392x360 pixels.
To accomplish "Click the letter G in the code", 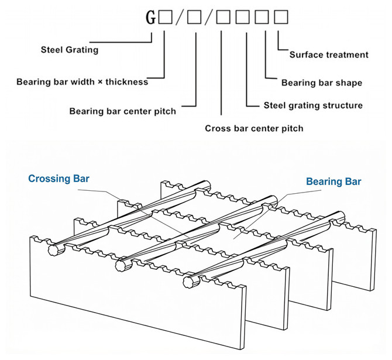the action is pos(151,17).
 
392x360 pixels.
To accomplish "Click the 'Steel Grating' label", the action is pos(70,50).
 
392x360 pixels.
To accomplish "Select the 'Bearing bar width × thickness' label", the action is pos(82,82).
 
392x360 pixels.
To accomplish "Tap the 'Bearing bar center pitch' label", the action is pos(122,111).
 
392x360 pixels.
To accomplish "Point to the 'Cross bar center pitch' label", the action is pos(254,128).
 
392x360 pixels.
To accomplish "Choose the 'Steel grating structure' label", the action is pos(313,105).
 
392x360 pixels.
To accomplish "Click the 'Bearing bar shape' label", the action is pos(322,83).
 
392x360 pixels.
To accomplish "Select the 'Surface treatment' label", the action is pos(329,55).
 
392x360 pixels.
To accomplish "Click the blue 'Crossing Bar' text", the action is pos(59,179).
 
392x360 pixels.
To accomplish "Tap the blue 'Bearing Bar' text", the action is pos(333,181).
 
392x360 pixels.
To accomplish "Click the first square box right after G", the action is pos(165,17).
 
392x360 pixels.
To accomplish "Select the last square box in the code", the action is pos(281,17).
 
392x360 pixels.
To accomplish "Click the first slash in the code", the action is pos(180,18).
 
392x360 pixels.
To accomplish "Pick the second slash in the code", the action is pos(209,18).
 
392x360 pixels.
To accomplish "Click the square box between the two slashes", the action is pos(194,17).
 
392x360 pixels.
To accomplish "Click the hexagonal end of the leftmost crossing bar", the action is pos(53,250).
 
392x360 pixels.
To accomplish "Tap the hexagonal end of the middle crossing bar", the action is pos(121,265).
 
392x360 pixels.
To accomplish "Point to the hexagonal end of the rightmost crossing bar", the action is pos(188,283).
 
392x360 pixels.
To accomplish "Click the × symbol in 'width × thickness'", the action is pos(100,82).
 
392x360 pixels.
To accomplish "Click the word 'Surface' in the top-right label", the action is pos(306,55).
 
